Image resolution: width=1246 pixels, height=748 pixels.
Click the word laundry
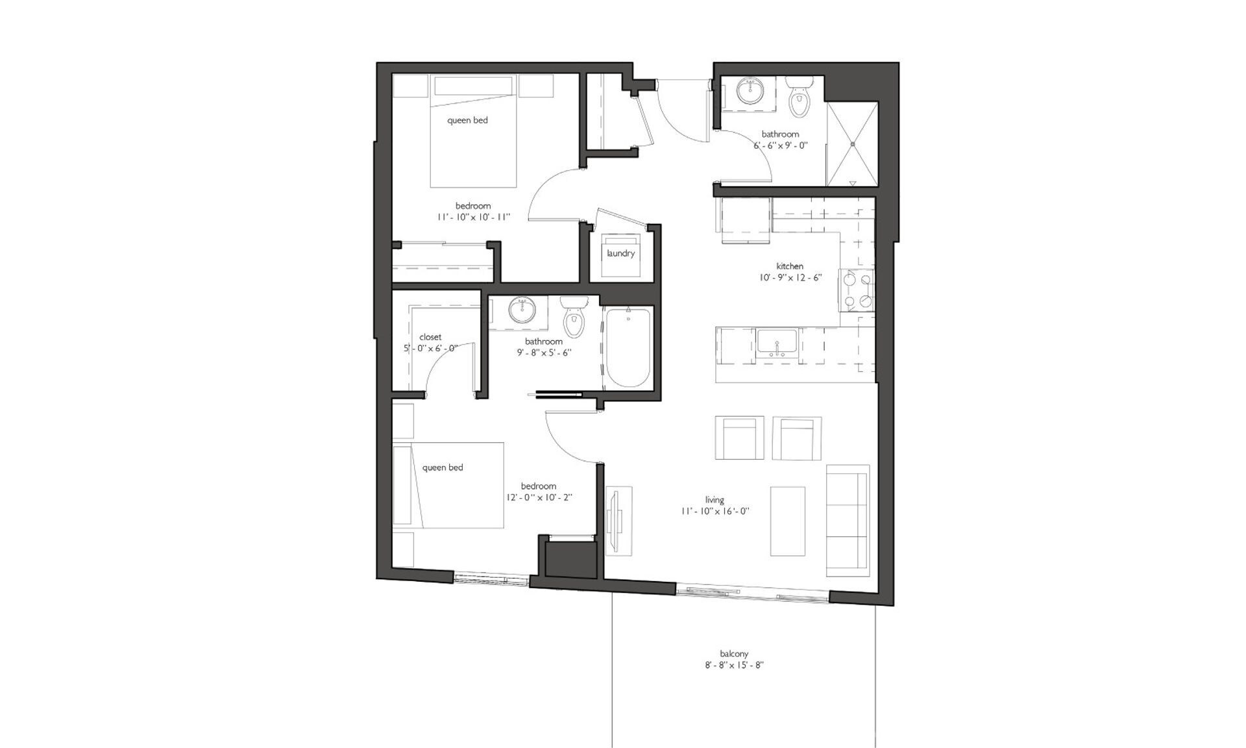tap(620, 253)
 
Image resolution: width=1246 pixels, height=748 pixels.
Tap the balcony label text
tap(734, 654)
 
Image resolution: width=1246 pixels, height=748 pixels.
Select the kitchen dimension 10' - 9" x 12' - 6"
tap(790, 277)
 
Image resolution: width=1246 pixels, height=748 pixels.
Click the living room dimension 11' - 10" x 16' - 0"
tap(715, 511)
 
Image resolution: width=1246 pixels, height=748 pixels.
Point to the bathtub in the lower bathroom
tap(628, 347)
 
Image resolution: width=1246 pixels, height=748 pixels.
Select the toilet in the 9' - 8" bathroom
tap(573, 318)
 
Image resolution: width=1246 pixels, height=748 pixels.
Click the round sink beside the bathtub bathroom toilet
tap(521, 310)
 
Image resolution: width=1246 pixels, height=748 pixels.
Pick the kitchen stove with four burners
tap(856, 290)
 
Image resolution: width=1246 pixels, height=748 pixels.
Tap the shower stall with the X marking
tap(851, 143)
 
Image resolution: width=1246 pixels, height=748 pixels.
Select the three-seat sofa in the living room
tap(848, 520)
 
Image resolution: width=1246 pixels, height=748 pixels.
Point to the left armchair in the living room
tap(739, 438)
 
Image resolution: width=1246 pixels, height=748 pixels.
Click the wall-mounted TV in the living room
tap(615, 520)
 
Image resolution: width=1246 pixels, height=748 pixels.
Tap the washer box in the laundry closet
tap(621, 254)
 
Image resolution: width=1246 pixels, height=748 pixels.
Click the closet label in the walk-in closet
tap(430, 337)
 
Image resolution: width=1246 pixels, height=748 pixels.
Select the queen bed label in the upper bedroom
tap(467, 120)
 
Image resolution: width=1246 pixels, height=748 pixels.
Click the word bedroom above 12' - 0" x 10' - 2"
tap(538, 486)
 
